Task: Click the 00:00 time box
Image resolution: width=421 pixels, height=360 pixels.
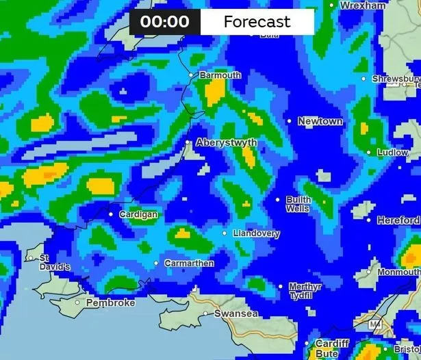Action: pos(165,21)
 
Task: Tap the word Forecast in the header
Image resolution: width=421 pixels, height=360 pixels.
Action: pos(257,21)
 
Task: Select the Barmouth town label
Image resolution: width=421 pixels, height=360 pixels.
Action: pos(220,75)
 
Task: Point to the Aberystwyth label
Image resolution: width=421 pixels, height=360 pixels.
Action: pos(227,143)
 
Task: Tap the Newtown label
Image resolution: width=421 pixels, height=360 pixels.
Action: pos(320,121)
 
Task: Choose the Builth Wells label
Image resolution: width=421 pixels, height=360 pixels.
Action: pos(298,204)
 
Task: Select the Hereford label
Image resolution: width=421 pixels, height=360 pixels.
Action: pos(398,220)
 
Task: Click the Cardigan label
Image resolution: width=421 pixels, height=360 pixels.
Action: pos(138,215)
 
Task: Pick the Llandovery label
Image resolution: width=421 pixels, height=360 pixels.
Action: pos(256,233)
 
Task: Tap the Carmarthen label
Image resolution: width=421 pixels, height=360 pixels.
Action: pos(188,263)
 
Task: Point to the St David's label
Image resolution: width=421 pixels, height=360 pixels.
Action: pos(54,262)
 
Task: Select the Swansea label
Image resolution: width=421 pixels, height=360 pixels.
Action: pos(236,313)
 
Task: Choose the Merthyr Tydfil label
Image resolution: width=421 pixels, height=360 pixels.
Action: pos(305,291)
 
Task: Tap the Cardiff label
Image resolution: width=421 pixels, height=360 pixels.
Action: pos(332,343)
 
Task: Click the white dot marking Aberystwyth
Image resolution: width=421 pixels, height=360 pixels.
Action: pos(188,142)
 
